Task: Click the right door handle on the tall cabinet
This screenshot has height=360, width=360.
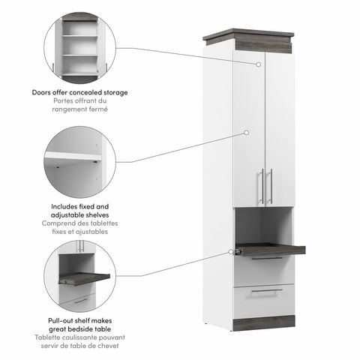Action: [270, 187]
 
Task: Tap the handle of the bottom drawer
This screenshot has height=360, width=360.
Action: [266, 291]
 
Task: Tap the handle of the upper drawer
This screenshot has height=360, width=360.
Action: [266, 258]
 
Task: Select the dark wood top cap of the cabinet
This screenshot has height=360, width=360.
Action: [247, 38]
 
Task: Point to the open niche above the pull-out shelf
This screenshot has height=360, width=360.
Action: [262, 225]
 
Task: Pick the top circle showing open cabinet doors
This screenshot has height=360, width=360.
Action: [79, 48]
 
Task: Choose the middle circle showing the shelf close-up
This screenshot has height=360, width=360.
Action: [79, 163]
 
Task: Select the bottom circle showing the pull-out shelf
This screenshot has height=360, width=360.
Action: [79, 277]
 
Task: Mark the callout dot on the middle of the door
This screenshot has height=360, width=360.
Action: [246, 133]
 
